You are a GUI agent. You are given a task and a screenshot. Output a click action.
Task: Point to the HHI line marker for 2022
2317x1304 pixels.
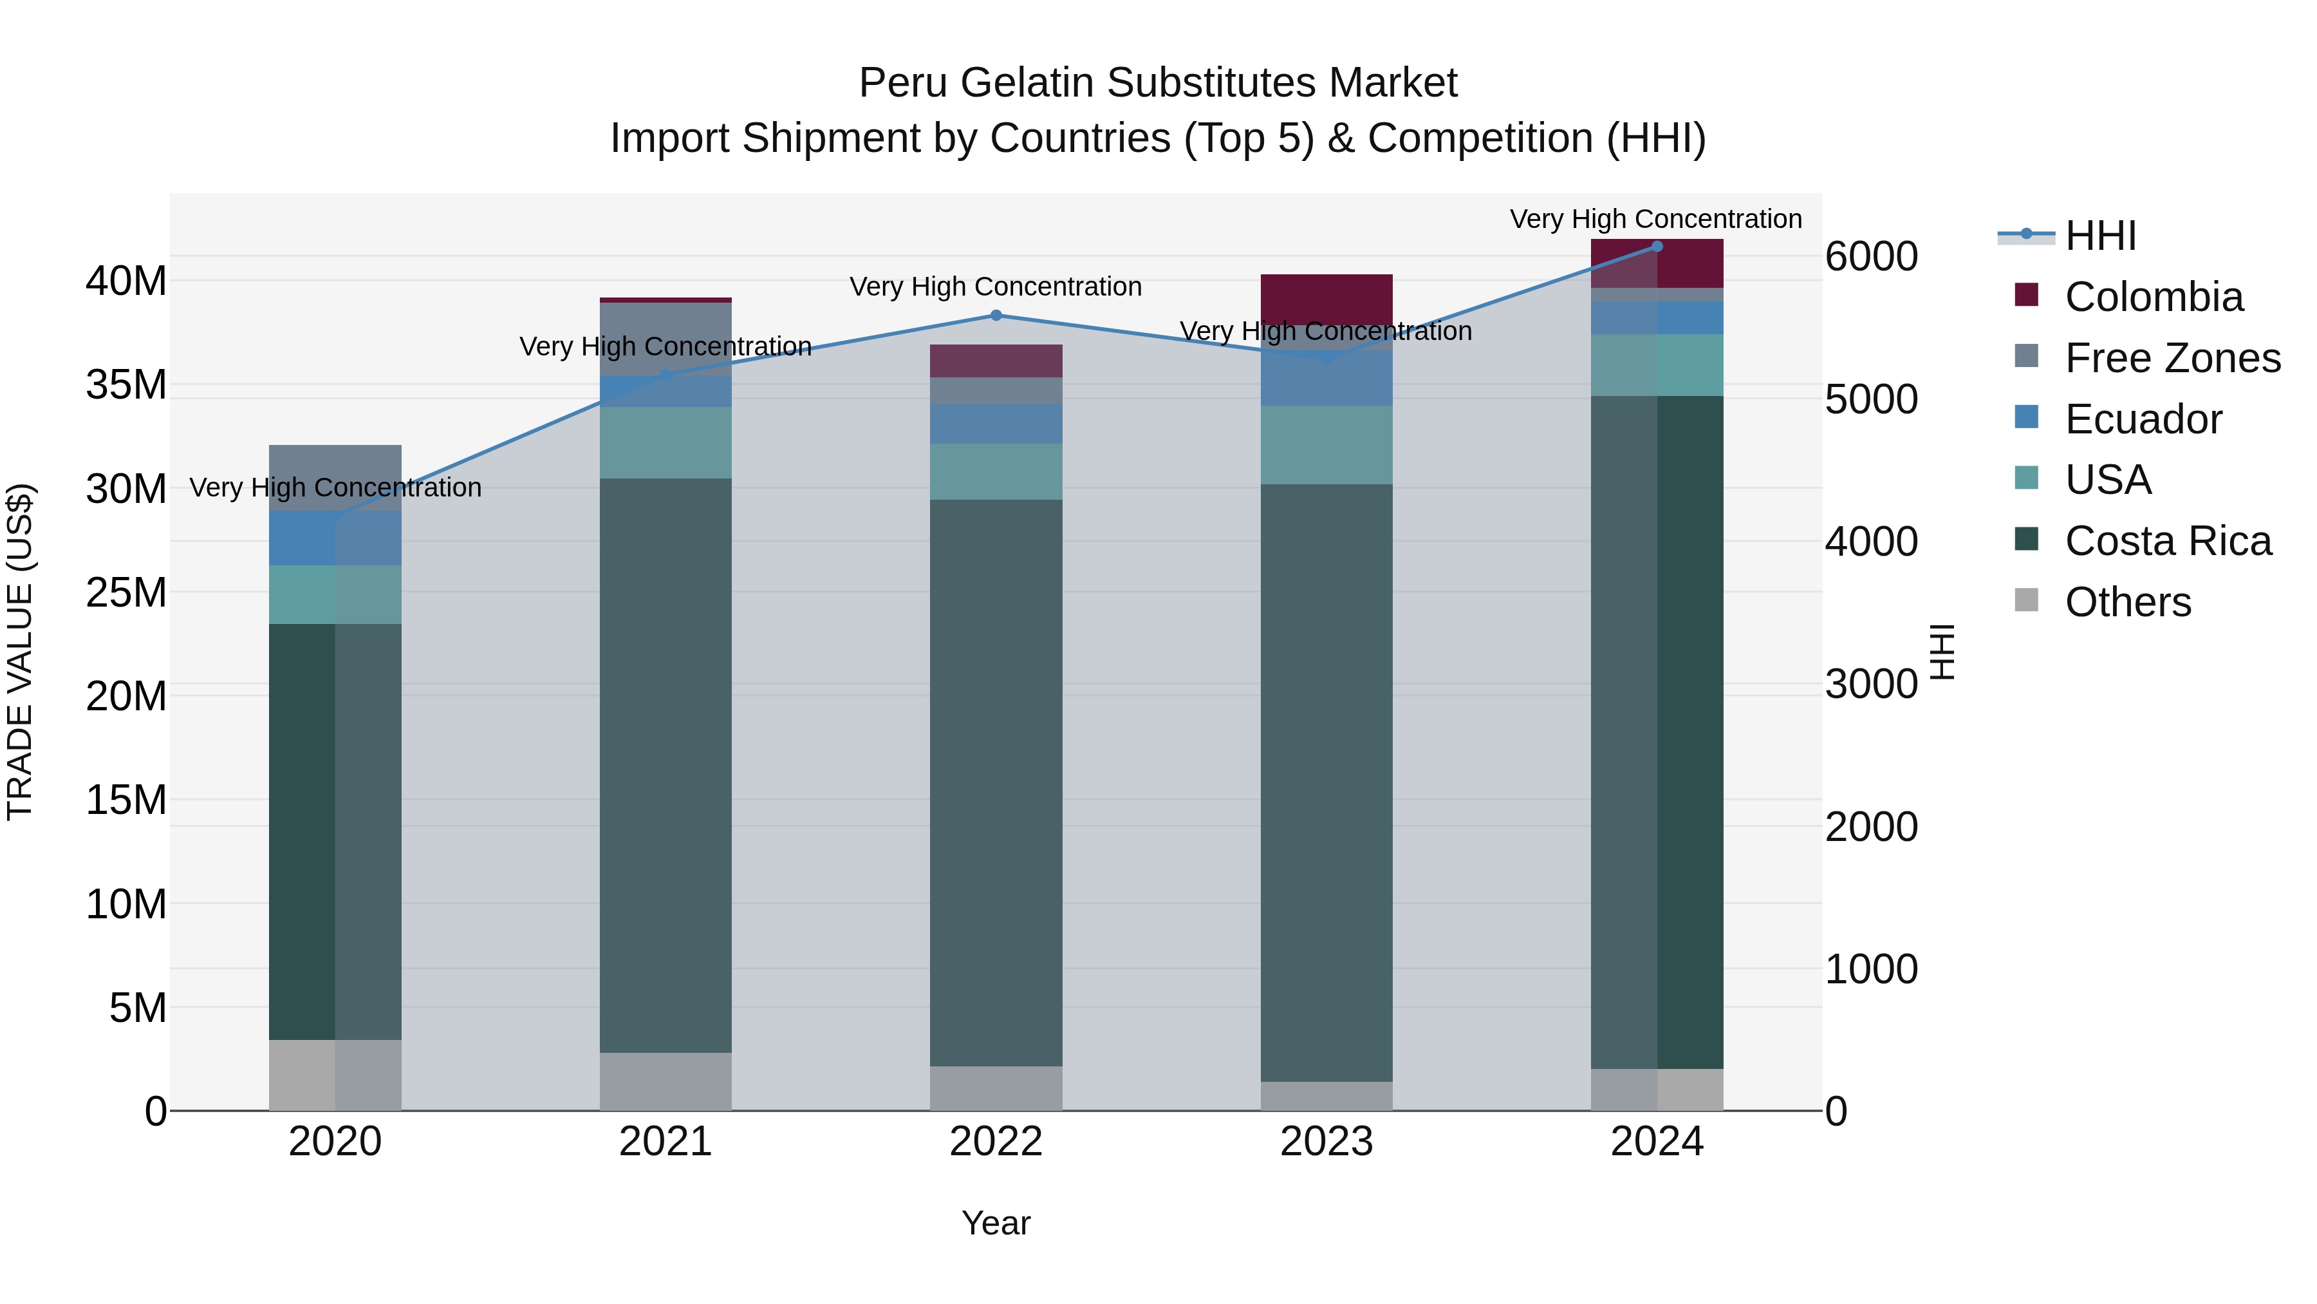pos(996,316)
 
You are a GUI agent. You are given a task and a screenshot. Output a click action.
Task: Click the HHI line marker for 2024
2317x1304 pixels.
pos(1657,247)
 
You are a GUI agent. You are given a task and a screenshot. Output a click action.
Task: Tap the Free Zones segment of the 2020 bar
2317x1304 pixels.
pos(335,478)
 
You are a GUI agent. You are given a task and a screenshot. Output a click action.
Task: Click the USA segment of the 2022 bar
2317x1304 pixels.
pos(996,471)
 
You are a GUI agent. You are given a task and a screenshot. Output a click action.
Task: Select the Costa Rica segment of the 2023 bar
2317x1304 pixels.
pos(1326,783)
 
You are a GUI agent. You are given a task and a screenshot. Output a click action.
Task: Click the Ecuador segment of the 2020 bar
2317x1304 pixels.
pos(335,538)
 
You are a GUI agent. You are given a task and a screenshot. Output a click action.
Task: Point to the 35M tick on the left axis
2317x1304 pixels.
pos(126,385)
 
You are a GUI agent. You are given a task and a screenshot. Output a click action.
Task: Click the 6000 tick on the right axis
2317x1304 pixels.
pos(1871,258)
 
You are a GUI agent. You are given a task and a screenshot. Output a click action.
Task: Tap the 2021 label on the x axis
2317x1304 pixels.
pos(665,1142)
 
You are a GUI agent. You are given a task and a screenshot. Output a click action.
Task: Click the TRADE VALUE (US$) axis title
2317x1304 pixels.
pos(20,652)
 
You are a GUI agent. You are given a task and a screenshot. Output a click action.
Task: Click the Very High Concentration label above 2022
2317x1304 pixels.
pos(996,287)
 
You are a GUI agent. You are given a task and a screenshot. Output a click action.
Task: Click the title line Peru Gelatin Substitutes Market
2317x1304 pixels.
pos(1158,83)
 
